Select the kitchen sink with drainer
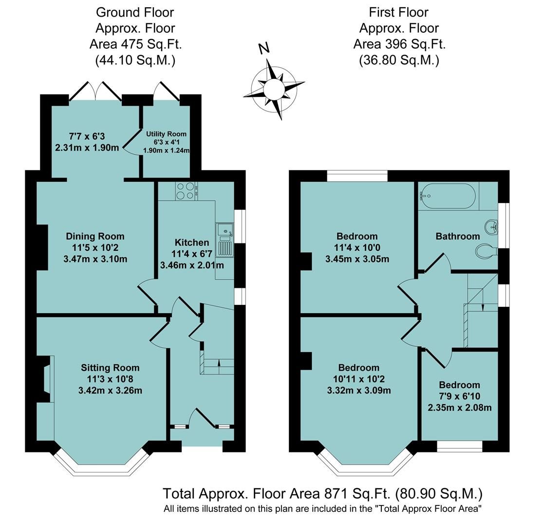226,239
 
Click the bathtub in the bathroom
447,196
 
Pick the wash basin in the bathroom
491,226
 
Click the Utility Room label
166,134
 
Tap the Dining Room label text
95,237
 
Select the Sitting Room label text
110,368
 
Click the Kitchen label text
192,242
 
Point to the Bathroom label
457,236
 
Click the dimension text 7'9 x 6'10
459,396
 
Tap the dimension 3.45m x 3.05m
357,259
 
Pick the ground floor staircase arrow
218,363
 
